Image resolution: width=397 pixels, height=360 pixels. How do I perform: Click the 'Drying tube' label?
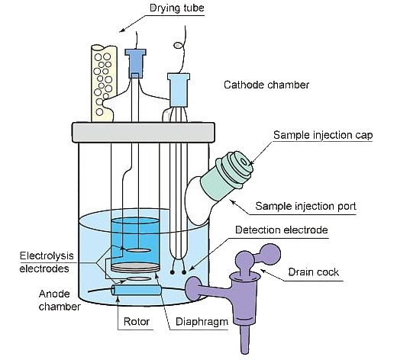click(177, 8)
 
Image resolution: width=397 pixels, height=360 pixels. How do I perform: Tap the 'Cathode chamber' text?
click(266, 85)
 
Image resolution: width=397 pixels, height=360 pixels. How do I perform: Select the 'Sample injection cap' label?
click(323, 135)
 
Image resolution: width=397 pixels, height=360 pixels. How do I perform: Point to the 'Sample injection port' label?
click(305, 206)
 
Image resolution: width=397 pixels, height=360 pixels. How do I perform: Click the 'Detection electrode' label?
click(282, 230)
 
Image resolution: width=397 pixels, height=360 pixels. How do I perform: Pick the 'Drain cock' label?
click(314, 272)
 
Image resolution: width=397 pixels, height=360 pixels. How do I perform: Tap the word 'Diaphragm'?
click(202, 322)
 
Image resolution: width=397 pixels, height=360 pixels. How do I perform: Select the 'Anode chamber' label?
click(60, 301)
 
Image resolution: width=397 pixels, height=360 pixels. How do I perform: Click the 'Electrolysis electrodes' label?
click(47, 262)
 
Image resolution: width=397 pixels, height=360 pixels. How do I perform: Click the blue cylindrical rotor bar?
click(137, 290)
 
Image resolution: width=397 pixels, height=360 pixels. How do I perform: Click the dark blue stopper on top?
click(135, 63)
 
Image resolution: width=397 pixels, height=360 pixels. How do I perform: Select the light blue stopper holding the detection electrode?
click(179, 90)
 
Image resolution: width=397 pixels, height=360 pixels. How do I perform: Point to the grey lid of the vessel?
click(144, 132)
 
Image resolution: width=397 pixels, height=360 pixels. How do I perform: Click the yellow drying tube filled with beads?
click(104, 83)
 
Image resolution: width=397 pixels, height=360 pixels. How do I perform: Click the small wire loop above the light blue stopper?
click(178, 46)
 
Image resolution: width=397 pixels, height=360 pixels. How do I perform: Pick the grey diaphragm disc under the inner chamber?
click(136, 268)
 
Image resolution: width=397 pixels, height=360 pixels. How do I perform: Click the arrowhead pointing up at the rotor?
click(118, 298)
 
